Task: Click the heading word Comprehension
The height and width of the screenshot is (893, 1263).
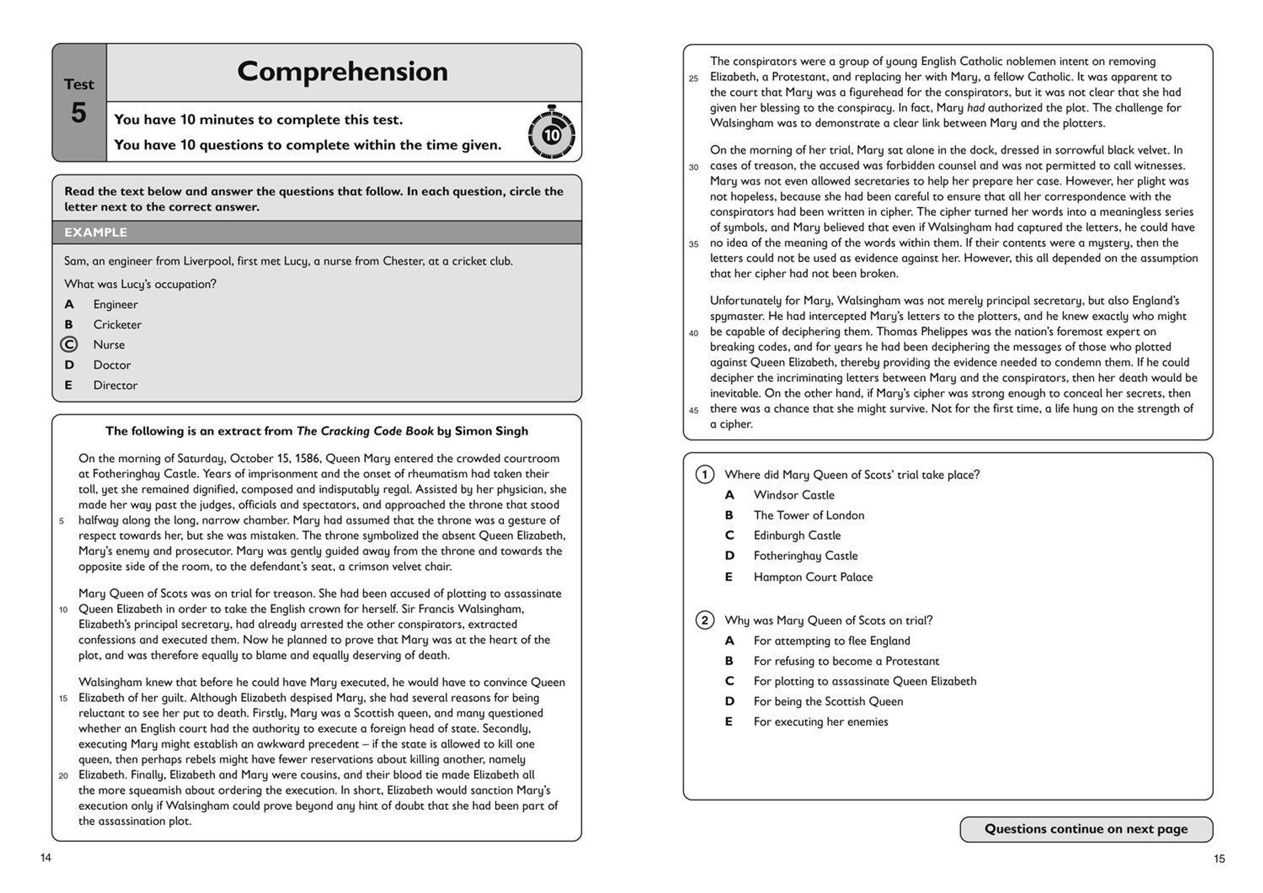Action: click(x=342, y=72)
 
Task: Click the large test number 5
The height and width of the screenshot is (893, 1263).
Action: click(x=78, y=113)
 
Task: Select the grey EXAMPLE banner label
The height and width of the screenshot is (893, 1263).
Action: click(x=96, y=232)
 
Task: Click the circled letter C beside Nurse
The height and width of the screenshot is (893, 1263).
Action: click(x=69, y=345)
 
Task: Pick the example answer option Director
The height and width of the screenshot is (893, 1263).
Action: click(x=115, y=385)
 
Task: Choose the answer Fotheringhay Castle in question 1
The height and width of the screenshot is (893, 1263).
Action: click(x=805, y=556)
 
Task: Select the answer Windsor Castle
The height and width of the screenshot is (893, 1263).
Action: click(x=794, y=495)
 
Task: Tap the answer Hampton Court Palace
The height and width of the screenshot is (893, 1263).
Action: click(x=813, y=577)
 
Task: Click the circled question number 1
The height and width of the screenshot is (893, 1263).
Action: click(x=705, y=474)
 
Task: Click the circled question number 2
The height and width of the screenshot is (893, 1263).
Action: click(x=705, y=620)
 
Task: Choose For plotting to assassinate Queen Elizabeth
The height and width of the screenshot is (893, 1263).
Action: click(x=865, y=681)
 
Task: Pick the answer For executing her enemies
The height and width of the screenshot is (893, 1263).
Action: click(x=821, y=722)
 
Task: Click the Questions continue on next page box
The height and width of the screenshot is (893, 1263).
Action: click(x=1086, y=829)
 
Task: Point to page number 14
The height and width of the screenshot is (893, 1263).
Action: click(x=46, y=857)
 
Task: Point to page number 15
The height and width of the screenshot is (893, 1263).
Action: click(x=1219, y=858)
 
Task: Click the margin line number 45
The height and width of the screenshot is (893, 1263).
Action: click(x=694, y=410)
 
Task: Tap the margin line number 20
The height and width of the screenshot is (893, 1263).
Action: click(x=63, y=776)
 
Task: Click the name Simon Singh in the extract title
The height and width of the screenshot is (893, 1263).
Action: click(x=491, y=431)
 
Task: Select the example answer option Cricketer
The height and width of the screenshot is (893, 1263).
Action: click(x=117, y=325)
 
